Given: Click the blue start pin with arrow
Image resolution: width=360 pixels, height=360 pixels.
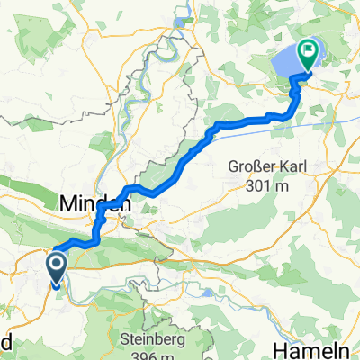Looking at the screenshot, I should pyautogui.click(x=56, y=267).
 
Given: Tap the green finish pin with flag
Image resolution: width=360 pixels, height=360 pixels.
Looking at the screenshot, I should pyautogui.click(x=309, y=54).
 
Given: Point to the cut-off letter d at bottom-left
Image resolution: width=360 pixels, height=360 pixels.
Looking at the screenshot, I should pyautogui.click(x=4, y=348).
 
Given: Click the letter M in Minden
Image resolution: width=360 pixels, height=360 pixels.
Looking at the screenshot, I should pyautogui.click(x=68, y=205).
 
